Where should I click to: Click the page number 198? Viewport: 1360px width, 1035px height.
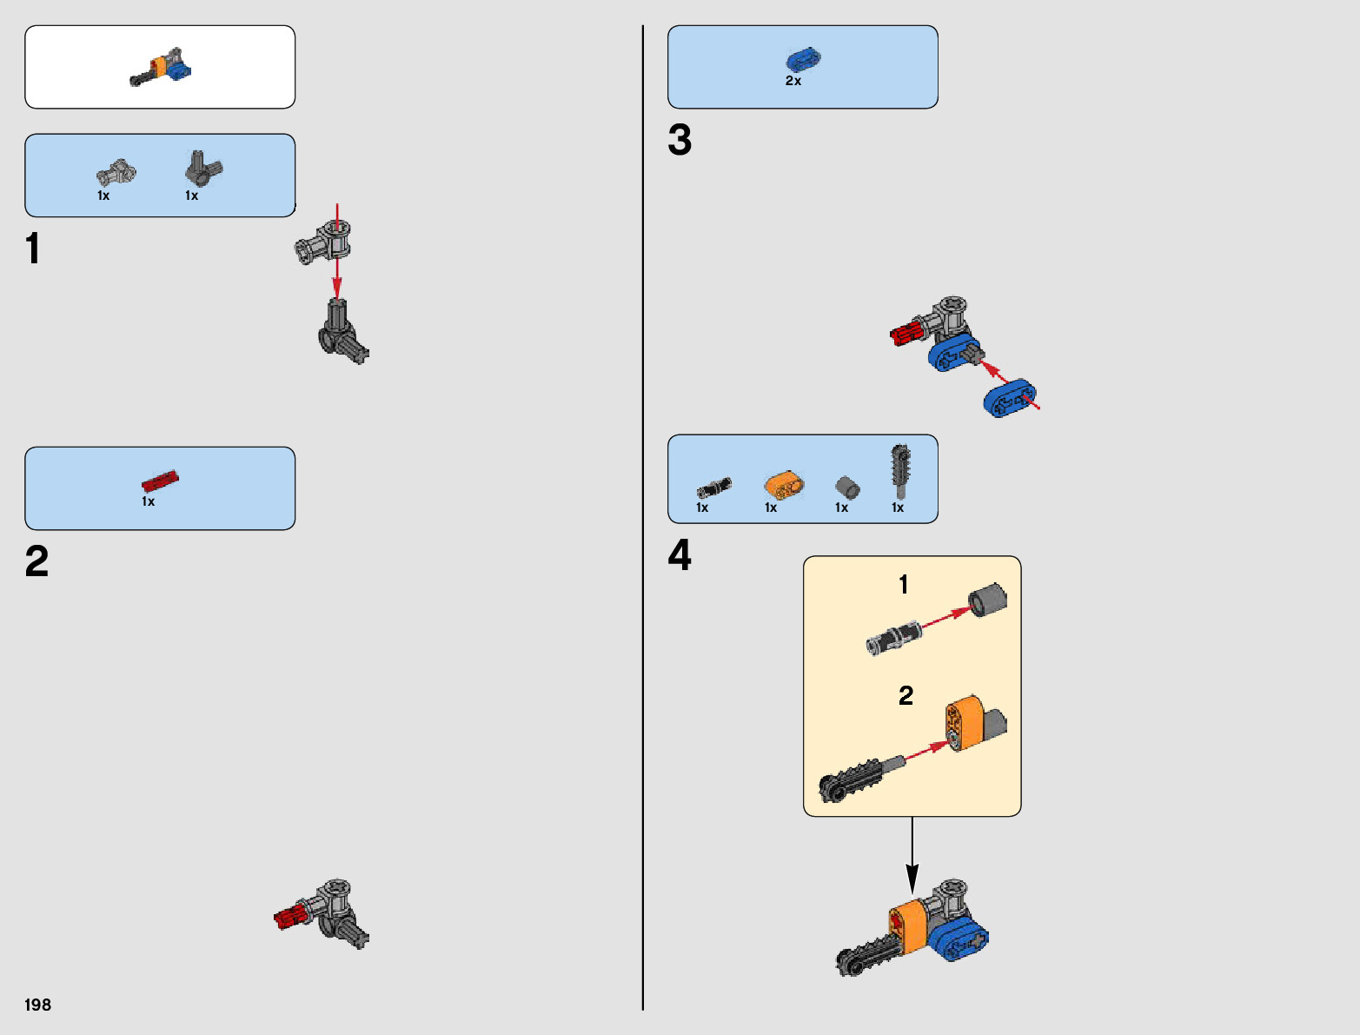[x=38, y=1005]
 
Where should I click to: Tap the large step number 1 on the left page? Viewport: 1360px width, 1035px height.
[x=33, y=249]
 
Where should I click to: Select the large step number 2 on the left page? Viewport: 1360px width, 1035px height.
[x=36, y=562]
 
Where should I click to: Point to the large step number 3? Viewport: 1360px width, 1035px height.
[x=680, y=140]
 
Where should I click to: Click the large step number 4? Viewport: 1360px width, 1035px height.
[x=680, y=555]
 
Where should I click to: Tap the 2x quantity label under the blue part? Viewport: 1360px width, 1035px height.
[x=793, y=81]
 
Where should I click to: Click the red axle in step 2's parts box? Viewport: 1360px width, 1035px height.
[x=160, y=481]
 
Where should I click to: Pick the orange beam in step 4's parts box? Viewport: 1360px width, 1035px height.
[x=784, y=486]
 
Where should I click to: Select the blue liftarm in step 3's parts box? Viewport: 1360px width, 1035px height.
[x=803, y=59]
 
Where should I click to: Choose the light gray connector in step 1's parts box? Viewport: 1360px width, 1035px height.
[x=116, y=173]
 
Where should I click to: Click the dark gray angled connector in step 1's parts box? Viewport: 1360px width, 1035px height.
[x=203, y=168]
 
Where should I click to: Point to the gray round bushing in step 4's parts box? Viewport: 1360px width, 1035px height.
[x=846, y=488]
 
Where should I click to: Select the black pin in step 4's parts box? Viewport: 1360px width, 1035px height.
[x=714, y=488]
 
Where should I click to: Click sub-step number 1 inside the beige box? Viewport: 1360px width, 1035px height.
[x=904, y=585]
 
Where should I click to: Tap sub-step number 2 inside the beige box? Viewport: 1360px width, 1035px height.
[x=906, y=695]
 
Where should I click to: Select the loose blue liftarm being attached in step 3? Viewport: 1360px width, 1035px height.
[x=1010, y=398]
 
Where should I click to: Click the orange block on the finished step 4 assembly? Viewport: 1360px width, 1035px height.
[x=908, y=926]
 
